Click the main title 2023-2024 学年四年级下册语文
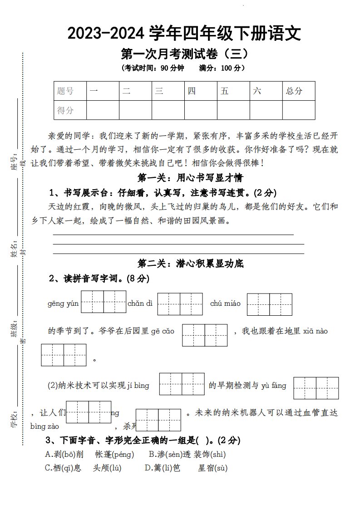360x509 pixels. point(184,34)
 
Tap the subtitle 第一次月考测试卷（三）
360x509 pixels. point(184,54)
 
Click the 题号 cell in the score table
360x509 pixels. point(65,91)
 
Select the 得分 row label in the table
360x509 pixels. point(65,110)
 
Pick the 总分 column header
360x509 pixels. point(294,91)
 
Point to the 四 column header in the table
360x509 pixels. point(192,91)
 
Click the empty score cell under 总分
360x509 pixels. point(298,110)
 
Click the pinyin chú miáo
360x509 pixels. point(226,303)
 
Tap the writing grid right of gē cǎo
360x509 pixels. point(205,335)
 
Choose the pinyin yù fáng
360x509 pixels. point(273,386)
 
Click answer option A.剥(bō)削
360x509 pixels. point(64,454)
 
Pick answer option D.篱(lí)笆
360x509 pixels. point(162,468)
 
